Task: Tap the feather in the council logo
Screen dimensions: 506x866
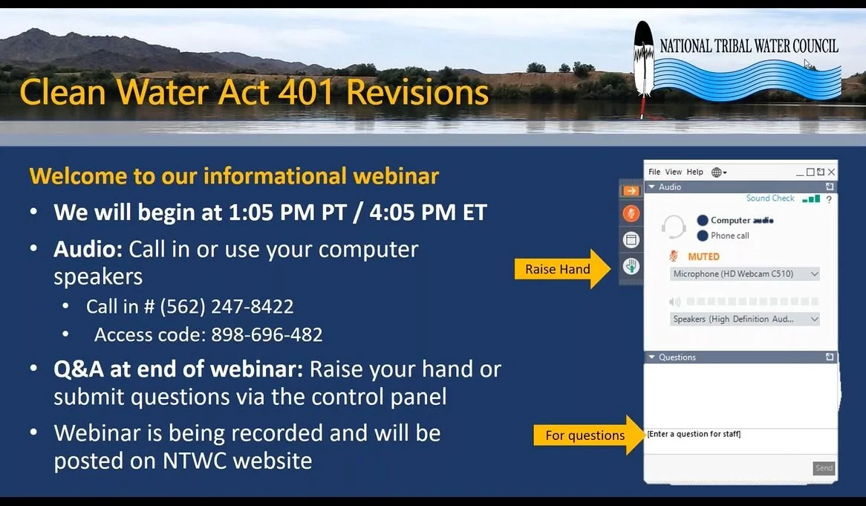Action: [x=642, y=67]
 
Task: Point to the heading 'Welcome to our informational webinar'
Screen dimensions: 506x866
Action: [x=234, y=176]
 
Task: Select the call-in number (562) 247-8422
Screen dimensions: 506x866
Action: [x=227, y=306]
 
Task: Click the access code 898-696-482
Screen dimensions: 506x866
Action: [x=267, y=334]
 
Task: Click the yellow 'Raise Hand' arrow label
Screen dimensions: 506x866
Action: [x=558, y=269]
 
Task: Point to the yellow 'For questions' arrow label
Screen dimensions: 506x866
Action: [x=585, y=435]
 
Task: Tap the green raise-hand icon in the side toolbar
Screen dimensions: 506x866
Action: [x=631, y=265]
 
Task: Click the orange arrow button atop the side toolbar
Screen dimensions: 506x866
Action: [x=631, y=191]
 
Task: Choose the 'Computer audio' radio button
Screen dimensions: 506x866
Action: [x=702, y=220]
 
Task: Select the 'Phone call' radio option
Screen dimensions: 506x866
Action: [x=702, y=236]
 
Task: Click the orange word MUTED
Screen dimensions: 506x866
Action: [x=703, y=256]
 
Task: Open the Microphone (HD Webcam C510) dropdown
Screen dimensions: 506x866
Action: [x=744, y=274]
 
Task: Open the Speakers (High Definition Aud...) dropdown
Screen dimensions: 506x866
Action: [x=744, y=319]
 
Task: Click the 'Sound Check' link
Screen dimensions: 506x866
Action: [x=770, y=198]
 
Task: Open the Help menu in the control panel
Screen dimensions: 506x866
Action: [x=694, y=172]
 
